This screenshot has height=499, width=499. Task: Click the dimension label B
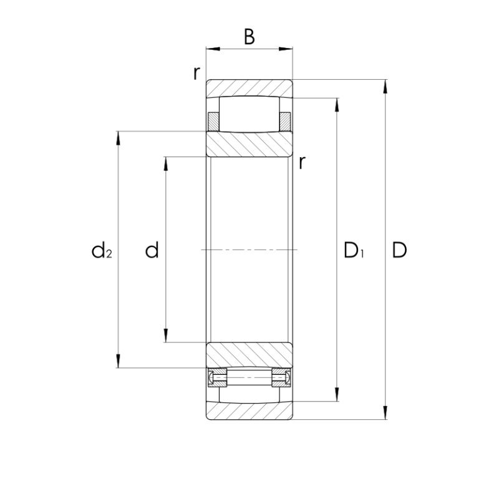pyautogui.click(x=249, y=37)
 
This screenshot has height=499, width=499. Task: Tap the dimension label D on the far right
pyautogui.click(x=399, y=250)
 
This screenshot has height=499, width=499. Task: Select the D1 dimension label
pyautogui.click(x=354, y=250)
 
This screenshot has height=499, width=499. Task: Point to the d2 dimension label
pyautogui.click(x=102, y=250)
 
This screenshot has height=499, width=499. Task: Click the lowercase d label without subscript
pyautogui.click(x=152, y=250)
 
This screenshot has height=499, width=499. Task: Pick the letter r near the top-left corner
pyautogui.click(x=197, y=74)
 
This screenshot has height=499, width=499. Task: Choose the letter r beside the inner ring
pyautogui.click(x=302, y=163)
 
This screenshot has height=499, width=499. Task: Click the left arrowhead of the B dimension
pyautogui.click(x=213, y=49)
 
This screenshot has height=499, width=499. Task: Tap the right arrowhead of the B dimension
pyautogui.click(x=286, y=49)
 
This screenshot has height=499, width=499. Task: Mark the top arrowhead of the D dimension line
pyautogui.click(x=385, y=86)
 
